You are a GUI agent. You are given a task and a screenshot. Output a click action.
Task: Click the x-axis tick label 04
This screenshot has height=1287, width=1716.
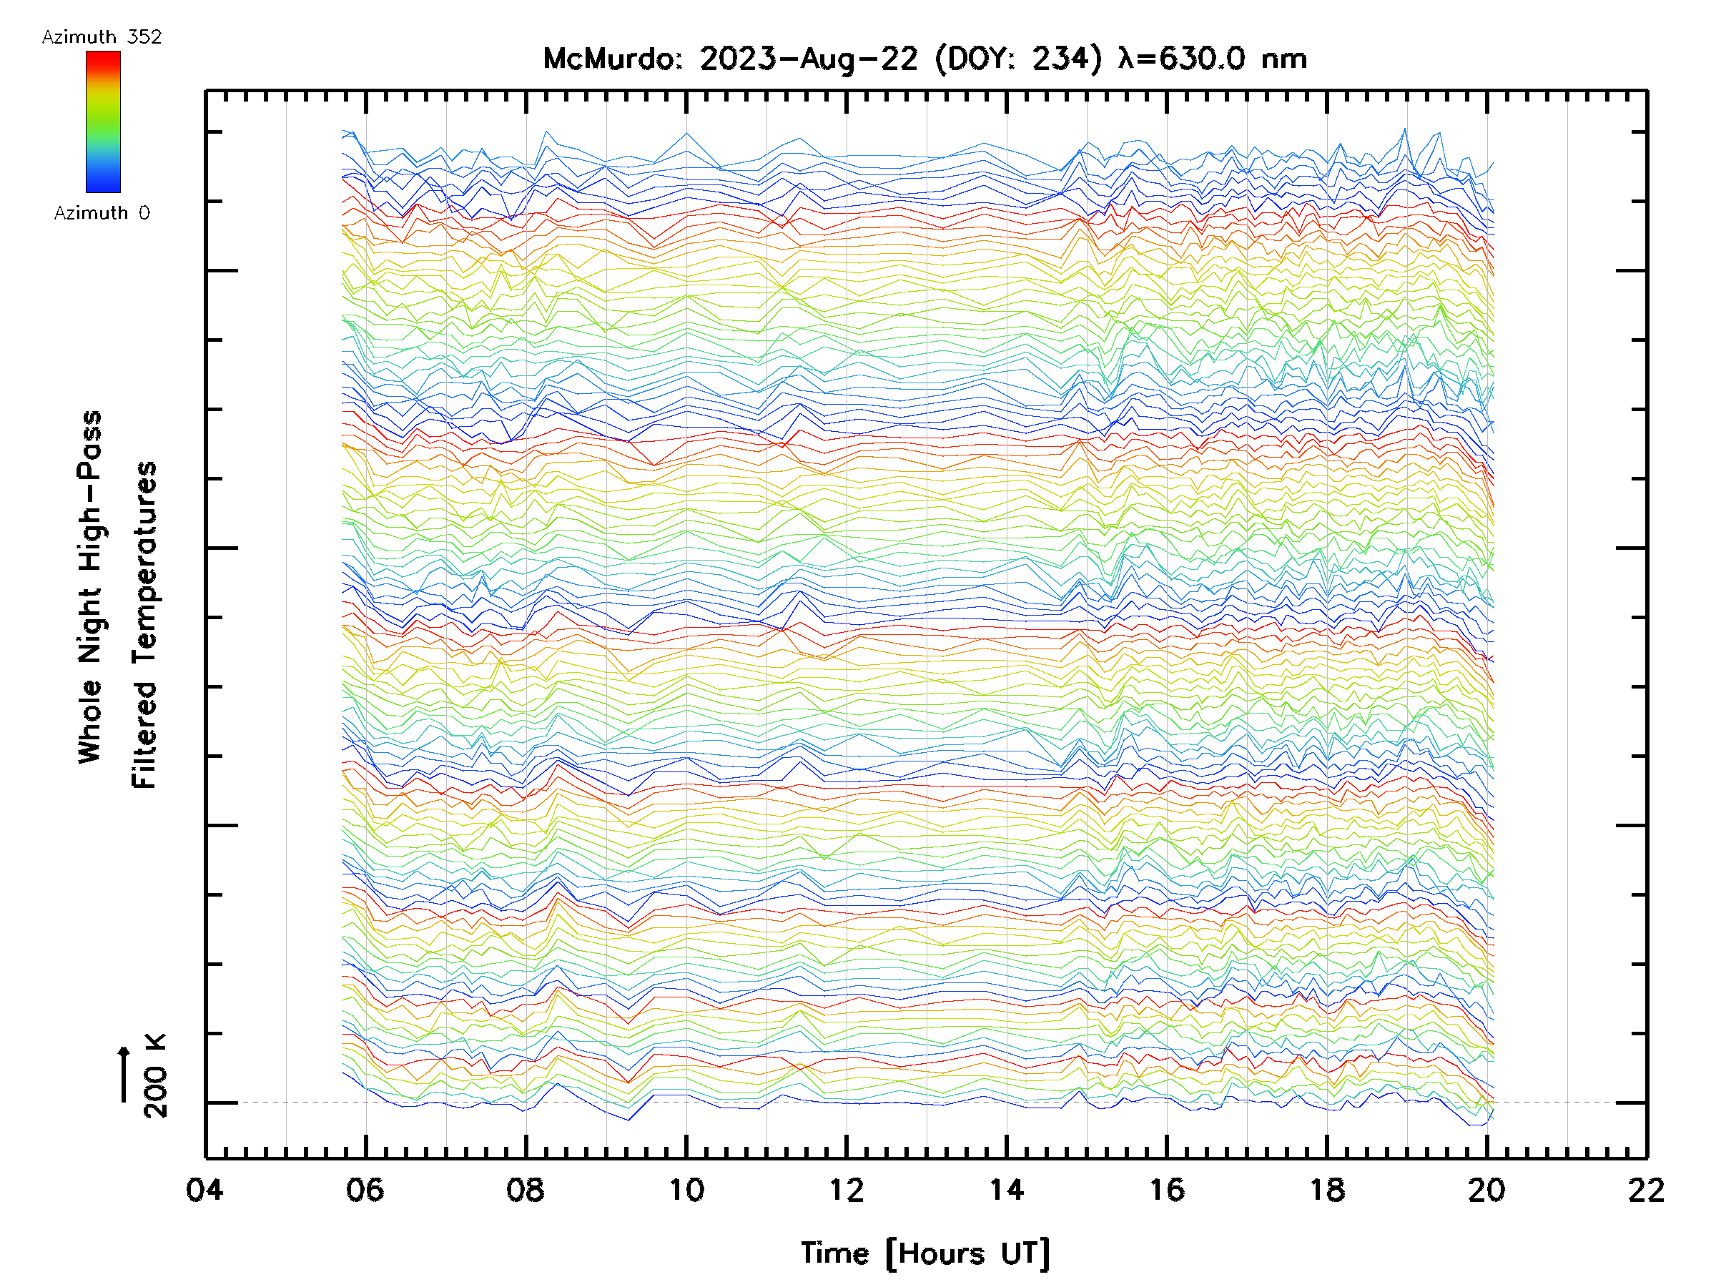(204, 1189)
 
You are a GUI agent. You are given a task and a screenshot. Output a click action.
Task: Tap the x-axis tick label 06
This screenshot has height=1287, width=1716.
(365, 1189)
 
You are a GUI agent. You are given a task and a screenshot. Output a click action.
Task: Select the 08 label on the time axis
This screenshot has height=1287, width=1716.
(526, 1189)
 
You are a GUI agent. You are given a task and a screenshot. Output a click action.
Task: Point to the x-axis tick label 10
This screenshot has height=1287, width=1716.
(686, 1189)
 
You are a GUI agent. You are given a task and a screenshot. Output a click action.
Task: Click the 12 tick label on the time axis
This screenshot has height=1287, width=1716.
(847, 1189)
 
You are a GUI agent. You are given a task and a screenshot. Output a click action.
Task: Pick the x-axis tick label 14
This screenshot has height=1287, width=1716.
(1006, 1189)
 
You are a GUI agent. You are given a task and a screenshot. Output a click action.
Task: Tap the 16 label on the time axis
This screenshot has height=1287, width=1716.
(1167, 1189)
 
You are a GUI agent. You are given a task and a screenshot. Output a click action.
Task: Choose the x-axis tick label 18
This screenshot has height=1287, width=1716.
(1327, 1189)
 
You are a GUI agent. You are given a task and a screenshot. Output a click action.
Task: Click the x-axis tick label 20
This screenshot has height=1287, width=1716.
(1486, 1189)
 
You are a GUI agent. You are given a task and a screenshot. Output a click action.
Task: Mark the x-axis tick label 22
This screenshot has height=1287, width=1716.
(1646, 1189)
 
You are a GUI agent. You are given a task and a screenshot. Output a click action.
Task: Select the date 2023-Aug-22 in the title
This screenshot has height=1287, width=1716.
(809, 59)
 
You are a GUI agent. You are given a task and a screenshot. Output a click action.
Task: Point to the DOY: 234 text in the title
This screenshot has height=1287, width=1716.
(1019, 59)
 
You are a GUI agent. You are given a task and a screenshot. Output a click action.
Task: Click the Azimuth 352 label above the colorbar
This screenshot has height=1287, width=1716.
(102, 37)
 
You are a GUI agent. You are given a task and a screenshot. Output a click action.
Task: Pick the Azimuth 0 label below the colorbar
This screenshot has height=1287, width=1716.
(102, 212)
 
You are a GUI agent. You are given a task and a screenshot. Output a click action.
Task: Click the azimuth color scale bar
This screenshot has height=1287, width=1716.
(103, 122)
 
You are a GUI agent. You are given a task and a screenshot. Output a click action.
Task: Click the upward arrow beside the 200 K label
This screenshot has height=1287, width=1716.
(124, 1074)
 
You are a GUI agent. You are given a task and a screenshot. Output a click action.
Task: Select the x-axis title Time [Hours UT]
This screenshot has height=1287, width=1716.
(925, 1253)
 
